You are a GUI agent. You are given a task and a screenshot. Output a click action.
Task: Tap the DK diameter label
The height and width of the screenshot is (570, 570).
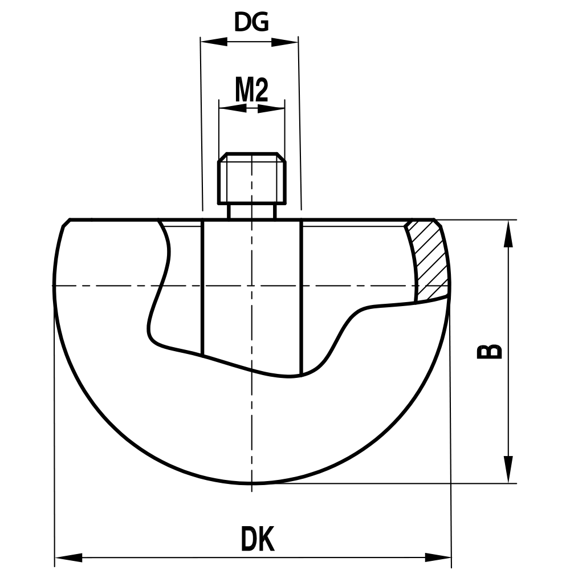(258, 539)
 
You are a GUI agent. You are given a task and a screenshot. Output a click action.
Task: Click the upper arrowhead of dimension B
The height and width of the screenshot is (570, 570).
(508, 234)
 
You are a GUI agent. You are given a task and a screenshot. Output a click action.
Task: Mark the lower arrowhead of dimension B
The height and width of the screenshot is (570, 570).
(508, 470)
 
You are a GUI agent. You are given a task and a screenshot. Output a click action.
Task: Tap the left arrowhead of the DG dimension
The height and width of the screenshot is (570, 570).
(214, 42)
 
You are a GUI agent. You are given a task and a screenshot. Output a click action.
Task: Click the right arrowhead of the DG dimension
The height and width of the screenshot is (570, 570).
(285, 42)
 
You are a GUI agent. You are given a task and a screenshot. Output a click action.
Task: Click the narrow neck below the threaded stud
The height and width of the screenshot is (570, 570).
(251, 211)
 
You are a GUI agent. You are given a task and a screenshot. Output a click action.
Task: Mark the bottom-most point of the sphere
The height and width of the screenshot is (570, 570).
(251, 484)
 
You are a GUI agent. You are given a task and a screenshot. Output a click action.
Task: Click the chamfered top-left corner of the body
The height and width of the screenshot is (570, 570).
(65, 223)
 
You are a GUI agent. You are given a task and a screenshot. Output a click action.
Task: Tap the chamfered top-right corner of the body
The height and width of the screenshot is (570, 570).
(438, 223)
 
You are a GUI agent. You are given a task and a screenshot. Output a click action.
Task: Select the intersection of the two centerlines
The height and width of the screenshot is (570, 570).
(251, 285)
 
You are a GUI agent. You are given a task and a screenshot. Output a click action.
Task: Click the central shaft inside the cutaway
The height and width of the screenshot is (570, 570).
(251, 319)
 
